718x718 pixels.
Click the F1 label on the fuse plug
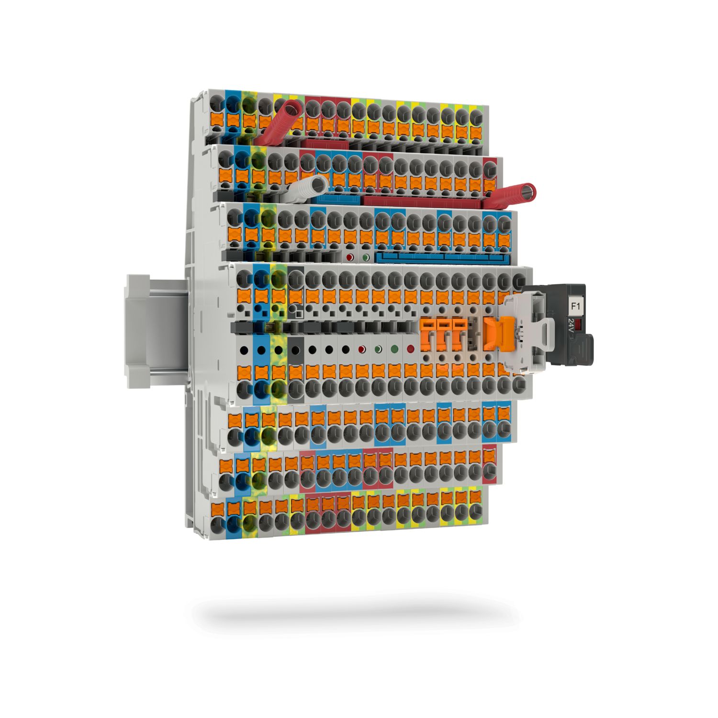574,304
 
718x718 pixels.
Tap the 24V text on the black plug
571,328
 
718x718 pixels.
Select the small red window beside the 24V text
579,327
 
